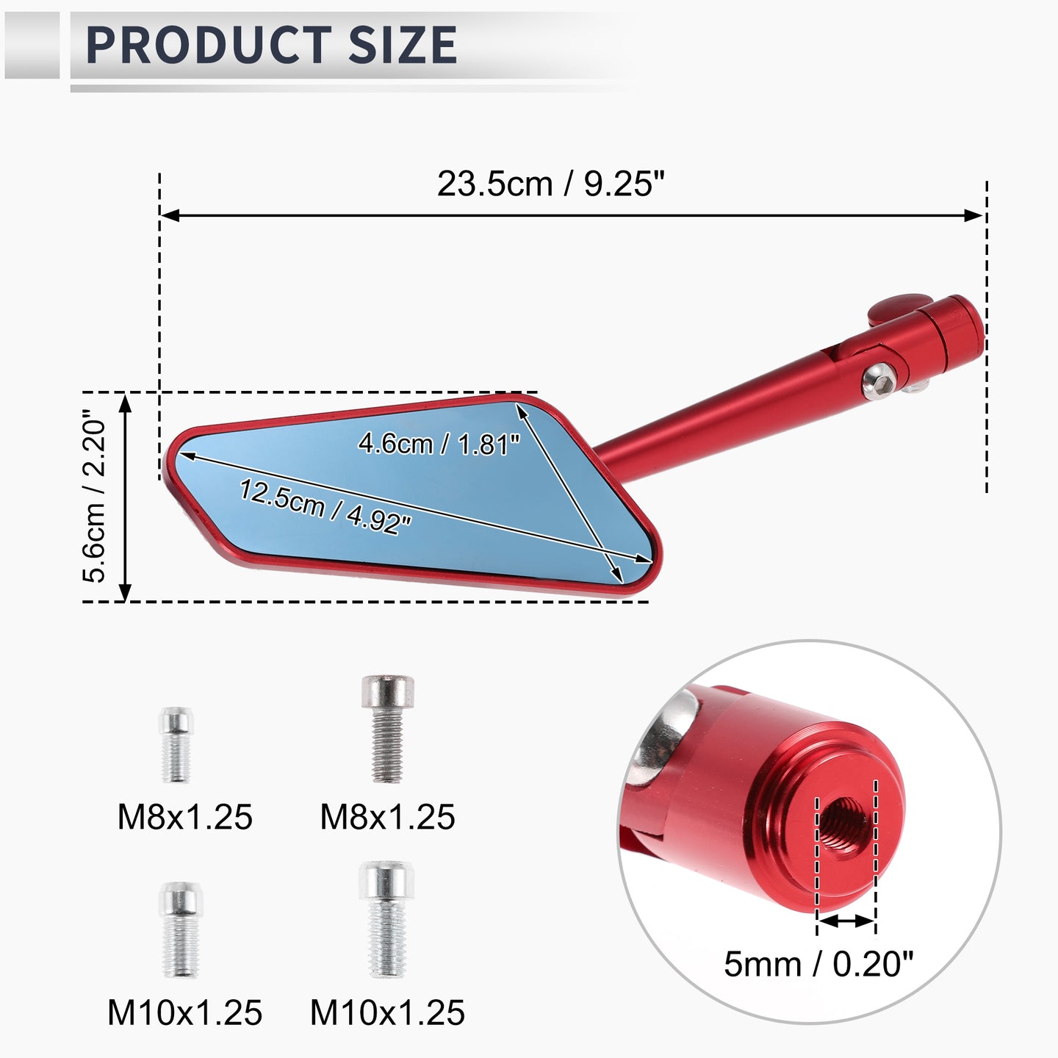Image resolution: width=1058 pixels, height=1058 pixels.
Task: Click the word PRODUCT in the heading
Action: [x=209, y=45]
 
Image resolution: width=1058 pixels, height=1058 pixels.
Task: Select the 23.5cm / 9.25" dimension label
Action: [x=550, y=184]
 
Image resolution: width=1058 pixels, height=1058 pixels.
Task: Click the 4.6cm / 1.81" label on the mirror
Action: [x=439, y=444]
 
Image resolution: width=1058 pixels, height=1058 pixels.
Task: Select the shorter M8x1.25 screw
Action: [x=176, y=744]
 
